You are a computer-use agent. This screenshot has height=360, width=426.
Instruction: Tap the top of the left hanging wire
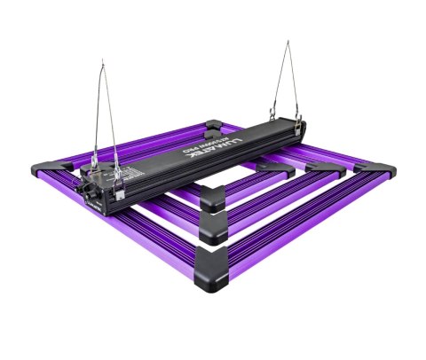click(x=103, y=62)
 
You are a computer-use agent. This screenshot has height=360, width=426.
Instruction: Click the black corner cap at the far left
click(x=40, y=168)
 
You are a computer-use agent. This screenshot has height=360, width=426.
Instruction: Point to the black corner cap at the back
click(x=215, y=126)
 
